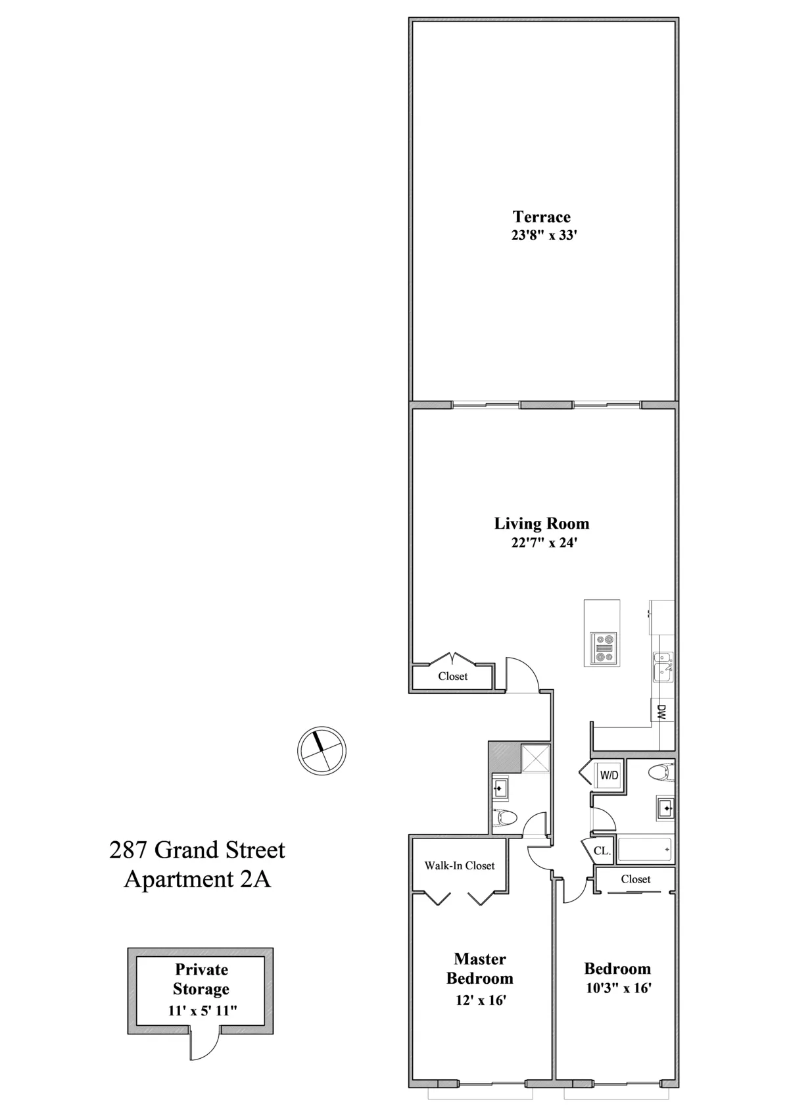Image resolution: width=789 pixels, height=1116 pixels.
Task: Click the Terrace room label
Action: pyautogui.click(x=541, y=216)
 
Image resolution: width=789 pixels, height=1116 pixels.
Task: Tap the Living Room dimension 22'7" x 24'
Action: pyautogui.click(x=541, y=543)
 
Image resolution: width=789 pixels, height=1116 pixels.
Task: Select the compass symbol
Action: pyautogui.click(x=322, y=750)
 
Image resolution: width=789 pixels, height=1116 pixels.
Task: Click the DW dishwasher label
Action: pyautogui.click(x=661, y=712)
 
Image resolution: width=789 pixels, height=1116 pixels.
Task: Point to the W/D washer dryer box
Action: pyautogui.click(x=609, y=775)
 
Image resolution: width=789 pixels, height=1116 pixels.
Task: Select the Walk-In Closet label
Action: pyautogui.click(x=459, y=865)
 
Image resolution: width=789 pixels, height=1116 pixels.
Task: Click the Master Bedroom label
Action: pyautogui.click(x=480, y=968)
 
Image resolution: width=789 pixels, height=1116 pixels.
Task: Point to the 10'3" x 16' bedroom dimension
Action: pyautogui.click(x=617, y=988)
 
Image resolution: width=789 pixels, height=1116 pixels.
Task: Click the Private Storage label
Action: pyautogui.click(x=201, y=979)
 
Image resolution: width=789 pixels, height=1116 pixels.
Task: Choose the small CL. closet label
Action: pyautogui.click(x=602, y=850)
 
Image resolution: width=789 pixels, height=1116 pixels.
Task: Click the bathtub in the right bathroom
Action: pyautogui.click(x=645, y=850)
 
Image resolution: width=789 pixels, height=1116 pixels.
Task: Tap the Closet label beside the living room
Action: pyautogui.click(x=452, y=676)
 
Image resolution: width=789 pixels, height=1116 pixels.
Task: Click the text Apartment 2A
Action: pyautogui.click(x=197, y=879)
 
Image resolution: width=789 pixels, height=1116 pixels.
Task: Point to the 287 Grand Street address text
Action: pyautogui.click(x=197, y=850)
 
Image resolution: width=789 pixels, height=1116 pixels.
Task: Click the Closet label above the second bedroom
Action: pyautogui.click(x=635, y=879)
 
